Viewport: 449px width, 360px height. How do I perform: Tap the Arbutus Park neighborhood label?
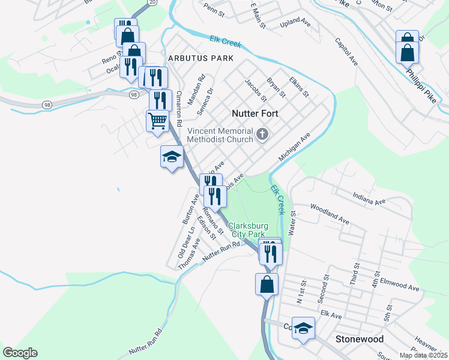coord(200,58)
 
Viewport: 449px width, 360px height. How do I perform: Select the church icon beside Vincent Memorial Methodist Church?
coord(262,134)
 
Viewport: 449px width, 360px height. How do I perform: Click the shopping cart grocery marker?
coord(157,120)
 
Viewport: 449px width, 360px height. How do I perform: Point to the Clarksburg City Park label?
coord(256,230)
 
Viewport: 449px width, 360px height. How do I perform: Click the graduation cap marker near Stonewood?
coord(304,328)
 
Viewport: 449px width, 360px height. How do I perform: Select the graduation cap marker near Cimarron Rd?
coord(172,157)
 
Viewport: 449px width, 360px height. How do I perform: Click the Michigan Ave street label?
coord(294,147)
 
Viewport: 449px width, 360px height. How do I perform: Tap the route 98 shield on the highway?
coord(46,104)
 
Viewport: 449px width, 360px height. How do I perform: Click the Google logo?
coord(20,353)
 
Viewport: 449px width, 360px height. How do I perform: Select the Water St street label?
coord(293,222)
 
